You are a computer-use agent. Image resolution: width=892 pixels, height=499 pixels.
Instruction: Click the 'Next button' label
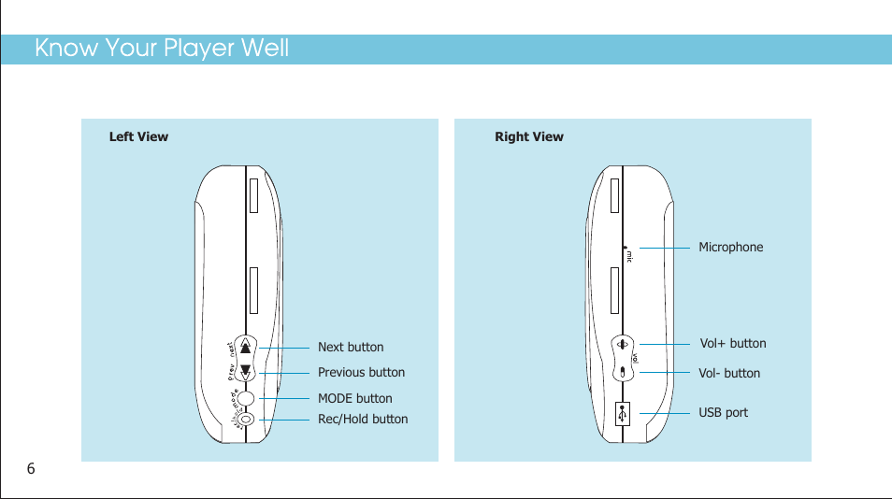point(351,348)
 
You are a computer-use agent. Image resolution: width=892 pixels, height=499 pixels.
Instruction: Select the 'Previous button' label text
point(361,372)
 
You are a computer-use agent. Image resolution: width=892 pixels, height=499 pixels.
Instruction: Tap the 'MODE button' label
point(354,398)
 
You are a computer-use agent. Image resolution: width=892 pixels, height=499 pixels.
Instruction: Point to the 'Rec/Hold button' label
point(363,419)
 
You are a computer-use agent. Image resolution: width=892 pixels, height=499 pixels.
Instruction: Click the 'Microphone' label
point(730,247)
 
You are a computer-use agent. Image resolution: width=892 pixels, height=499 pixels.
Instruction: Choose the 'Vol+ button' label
point(733,343)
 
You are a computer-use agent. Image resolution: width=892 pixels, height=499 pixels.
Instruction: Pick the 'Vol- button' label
point(729,373)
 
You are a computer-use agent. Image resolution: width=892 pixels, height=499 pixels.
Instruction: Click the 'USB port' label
point(724,412)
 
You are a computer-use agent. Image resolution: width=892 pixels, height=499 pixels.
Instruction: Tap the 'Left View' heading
point(138,136)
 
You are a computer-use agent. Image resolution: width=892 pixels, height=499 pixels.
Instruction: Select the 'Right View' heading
point(529,136)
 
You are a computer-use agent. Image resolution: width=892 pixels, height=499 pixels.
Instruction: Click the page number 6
point(31,468)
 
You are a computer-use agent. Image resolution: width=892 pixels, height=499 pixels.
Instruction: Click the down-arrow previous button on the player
point(246,371)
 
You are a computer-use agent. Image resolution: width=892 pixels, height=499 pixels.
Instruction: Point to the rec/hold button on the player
point(246,419)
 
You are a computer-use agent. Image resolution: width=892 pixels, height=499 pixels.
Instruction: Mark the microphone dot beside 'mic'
point(624,249)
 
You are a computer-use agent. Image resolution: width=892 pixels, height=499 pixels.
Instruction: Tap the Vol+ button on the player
point(623,344)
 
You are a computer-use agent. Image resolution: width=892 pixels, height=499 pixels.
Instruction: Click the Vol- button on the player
point(623,372)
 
